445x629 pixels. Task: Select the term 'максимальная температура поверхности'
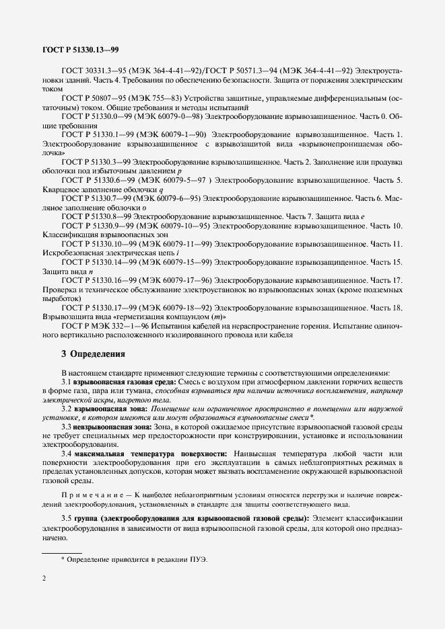pos(152,455)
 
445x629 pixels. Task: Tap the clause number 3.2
pos(67,409)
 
